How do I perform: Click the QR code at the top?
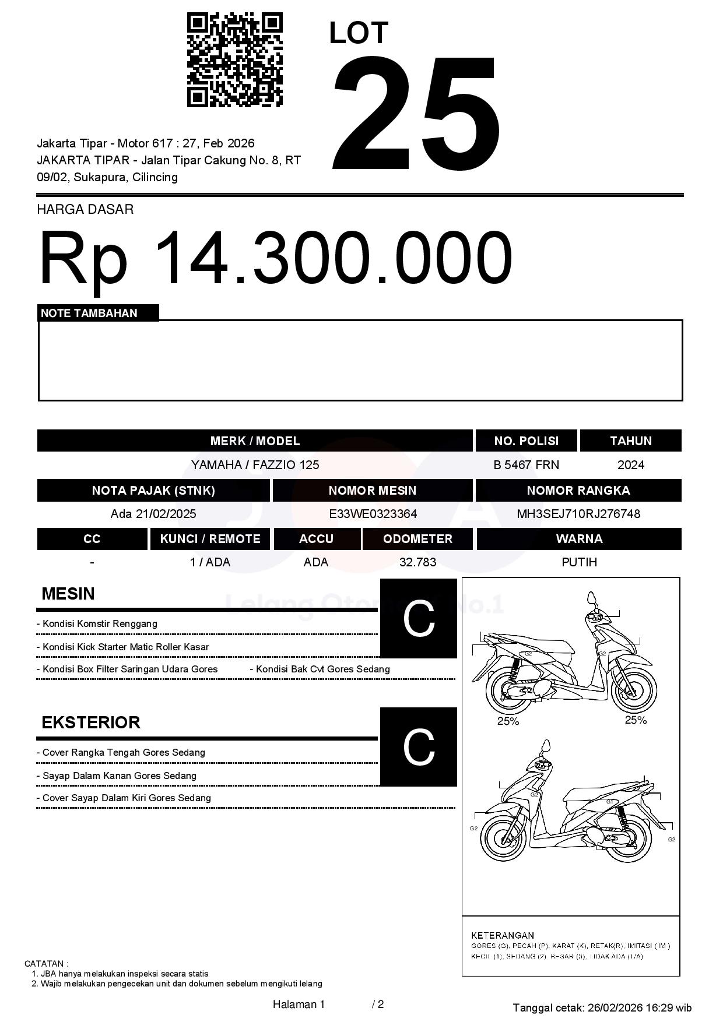tap(234, 60)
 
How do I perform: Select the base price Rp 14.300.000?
tap(275, 258)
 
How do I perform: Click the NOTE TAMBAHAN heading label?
tap(89, 313)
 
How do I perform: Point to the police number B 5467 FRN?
tap(526, 465)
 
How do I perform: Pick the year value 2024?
tap(631, 465)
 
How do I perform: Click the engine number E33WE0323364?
tap(373, 514)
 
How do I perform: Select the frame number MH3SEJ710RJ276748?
tap(578, 514)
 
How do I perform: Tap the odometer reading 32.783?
tap(417, 562)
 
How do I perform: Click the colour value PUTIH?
tap(579, 562)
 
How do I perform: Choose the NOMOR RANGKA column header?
tap(578, 491)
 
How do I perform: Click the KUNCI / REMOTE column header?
tap(210, 539)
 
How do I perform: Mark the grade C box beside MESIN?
tap(419, 618)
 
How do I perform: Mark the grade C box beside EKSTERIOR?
tap(419, 746)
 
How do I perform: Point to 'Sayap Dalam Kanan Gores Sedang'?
tap(120, 776)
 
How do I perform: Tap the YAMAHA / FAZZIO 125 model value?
tap(255, 465)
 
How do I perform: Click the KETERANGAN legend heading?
tap(503, 935)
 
